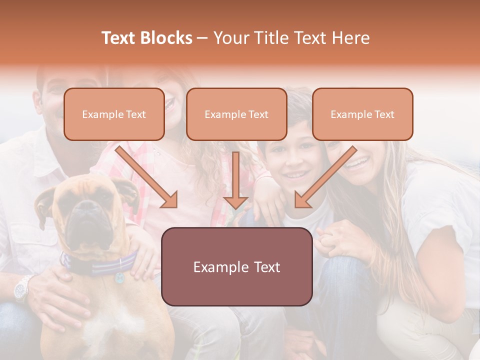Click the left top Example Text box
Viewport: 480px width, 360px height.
click(114, 114)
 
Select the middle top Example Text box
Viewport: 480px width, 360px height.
click(236, 114)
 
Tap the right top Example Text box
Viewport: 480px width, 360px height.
click(362, 114)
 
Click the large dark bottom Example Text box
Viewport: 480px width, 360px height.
click(236, 266)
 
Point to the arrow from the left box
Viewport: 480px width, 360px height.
click(147, 177)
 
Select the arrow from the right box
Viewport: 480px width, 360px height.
click(325, 177)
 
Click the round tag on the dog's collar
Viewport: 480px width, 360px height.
click(120, 277)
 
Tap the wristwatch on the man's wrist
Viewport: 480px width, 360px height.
click(22, 289)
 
